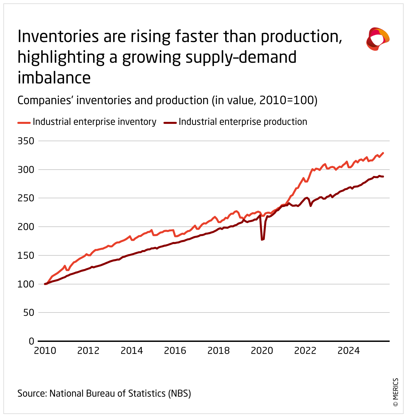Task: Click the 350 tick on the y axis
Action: (26, 141)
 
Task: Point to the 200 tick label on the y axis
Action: (26, 227)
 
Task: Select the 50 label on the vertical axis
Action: (29, 312)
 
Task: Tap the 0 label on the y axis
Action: (32, 341)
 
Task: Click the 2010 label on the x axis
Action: (45, 351)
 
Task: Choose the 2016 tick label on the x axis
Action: (175, 351)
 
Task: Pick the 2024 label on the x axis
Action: (349, 351)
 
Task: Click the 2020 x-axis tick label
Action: (262, 351)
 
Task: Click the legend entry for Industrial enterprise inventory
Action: (94, 122)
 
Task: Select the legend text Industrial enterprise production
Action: (243, 122)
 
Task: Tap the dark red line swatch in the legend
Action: (170, 123)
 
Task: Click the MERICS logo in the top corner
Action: (378, 39)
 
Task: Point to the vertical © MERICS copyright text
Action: (396, 392)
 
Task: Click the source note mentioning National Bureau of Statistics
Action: (104, 393)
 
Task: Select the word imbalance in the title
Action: (54, 78)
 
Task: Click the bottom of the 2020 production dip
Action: (262, 240)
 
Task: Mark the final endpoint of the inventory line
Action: (383, 153)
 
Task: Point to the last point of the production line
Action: (383, 177)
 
